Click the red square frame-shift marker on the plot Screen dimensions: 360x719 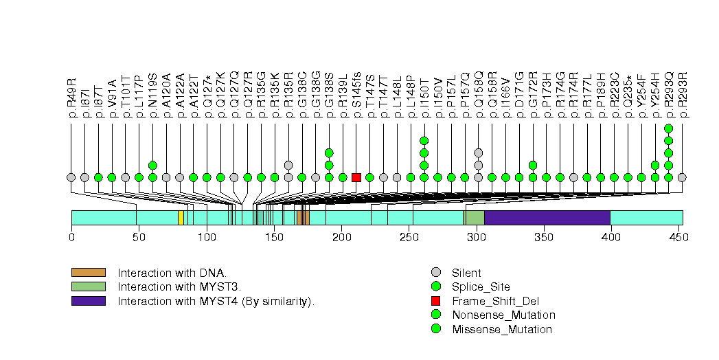[356, 177]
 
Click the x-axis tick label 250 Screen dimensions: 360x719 [409, 238]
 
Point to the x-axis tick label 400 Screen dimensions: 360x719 [610, 238]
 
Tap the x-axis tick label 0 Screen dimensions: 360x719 [71, 238]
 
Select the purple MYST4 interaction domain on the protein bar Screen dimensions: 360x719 [547, 218]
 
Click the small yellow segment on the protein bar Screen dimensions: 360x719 [181, 218]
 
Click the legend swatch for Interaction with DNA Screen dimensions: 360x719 [88, 273]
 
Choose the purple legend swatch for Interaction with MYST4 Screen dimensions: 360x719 [88, 301]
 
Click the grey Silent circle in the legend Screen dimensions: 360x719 [435, 273]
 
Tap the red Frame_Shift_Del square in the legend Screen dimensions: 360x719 [435, 301]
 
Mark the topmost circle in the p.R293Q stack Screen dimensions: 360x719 [668, 128]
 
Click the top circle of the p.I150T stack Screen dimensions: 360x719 [424, 141]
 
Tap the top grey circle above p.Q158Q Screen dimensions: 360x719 [478, 153]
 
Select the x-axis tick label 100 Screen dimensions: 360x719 [207, 238]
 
